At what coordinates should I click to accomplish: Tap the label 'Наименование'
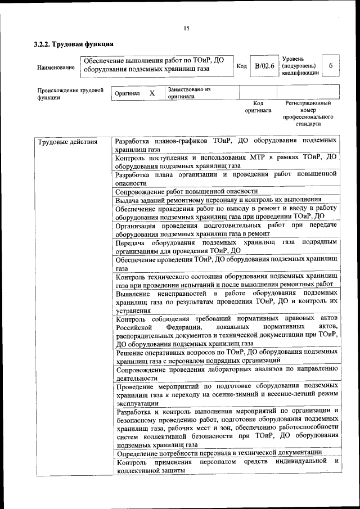(56, 67)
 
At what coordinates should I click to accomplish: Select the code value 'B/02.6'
(264, 66)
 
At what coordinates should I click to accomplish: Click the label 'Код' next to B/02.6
(241, 66)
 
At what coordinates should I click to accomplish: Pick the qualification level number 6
(330, 66)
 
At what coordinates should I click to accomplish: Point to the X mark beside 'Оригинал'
(151, 93)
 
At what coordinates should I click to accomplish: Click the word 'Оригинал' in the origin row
(127, 93)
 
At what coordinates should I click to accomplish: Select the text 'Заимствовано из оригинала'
(188, 93)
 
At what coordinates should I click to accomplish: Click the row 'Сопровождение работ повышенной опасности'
(186, 191)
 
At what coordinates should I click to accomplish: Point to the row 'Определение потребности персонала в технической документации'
(218, 452)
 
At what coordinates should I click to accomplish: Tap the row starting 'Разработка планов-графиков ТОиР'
(226, 145)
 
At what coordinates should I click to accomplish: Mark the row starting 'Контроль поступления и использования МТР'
(226, 162)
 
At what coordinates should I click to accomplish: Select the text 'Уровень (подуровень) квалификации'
(300, 65)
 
